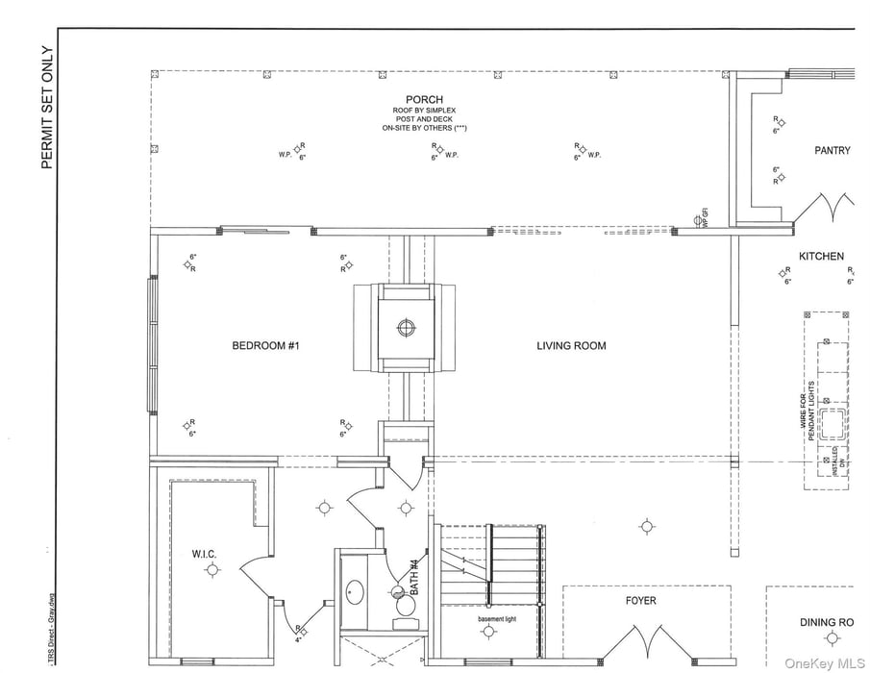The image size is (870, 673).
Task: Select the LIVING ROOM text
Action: (x=571, y=346)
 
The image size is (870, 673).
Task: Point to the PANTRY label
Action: (x=833, y=150)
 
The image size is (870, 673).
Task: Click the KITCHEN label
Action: (x=821, y=257)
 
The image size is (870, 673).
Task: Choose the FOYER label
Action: (x=641, y=601)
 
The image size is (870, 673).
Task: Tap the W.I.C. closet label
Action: (x=204, y=553)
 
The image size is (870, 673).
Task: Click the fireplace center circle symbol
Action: (x=406, y=327)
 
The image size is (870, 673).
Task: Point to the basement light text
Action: (x=497, y=618)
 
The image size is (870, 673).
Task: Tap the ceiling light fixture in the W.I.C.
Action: (x=211, y=571)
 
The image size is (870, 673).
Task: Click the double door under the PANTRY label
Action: (x=833, y=206)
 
